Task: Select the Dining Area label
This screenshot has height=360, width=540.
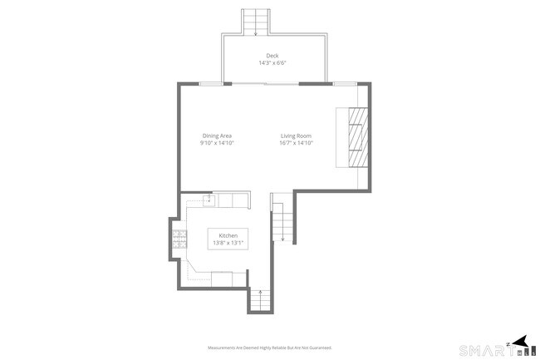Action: pos(216,136)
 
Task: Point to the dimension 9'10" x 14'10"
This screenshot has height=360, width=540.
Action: pos(216,143)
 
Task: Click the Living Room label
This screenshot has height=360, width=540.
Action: pos(295,136)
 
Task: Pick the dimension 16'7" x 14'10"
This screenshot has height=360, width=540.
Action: pos(295,143)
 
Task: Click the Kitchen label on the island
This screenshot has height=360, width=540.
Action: pos(228,236)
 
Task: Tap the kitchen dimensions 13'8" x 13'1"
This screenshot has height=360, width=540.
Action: pos(228,244)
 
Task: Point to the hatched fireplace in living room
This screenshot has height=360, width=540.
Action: pos(356,137)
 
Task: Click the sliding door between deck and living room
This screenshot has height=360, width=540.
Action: pos(264,84)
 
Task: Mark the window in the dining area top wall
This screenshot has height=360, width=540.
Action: pos(211,84)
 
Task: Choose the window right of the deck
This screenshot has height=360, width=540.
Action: pos(344,84)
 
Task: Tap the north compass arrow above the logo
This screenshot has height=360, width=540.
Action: pos(520,339)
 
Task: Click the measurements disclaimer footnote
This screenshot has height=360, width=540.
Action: pos(269,348)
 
